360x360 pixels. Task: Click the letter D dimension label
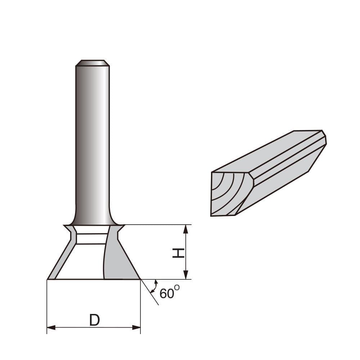94,320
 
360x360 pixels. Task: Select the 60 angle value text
166,294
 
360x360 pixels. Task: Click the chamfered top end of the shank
93,63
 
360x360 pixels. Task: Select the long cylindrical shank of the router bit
93,144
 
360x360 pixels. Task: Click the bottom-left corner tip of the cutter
48,279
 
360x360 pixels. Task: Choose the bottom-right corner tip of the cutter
140,279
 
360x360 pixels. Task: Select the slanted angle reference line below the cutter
150,293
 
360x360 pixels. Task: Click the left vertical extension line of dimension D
47,306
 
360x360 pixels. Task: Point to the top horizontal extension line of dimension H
158,225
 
